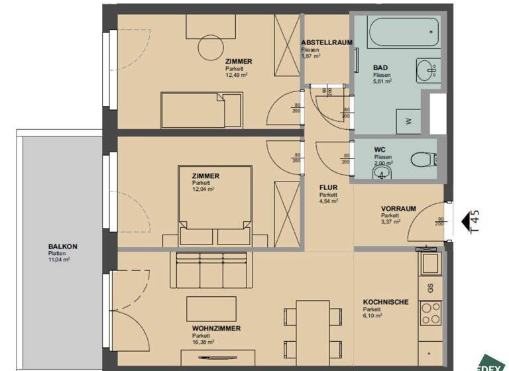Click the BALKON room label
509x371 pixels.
pos(62,246)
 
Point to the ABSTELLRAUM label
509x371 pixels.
pos(326,42)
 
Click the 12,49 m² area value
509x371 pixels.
pos(236,75)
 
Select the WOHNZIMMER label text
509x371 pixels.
pos(216,329)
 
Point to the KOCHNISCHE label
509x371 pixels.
pos(386,302)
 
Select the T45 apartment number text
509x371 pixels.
pos(475,221)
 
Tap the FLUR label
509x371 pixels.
pos(329,187)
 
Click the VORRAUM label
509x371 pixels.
pos(398,208)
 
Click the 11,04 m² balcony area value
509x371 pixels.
pos(58,260)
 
